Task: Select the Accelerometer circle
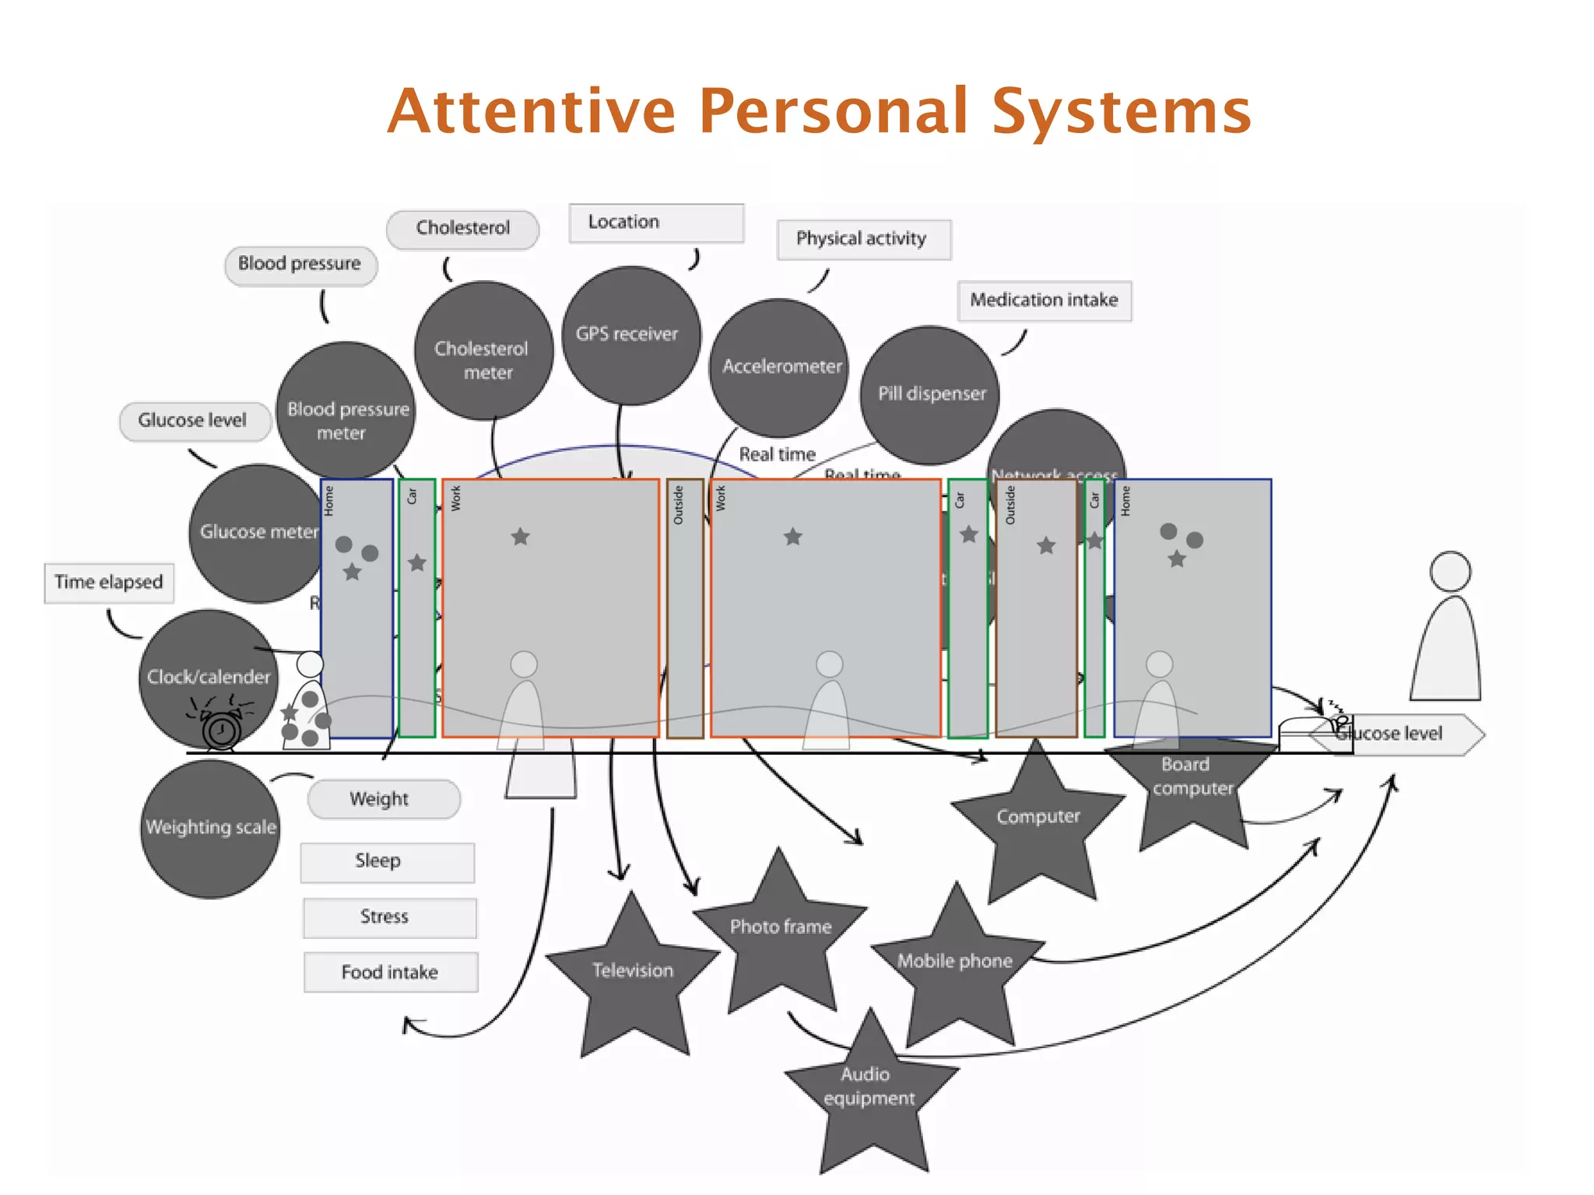coord(779,366)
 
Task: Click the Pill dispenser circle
coord(929,394)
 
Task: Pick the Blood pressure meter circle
coord(346,412)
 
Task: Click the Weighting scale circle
coord(210,828)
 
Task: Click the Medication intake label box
coord(1044,300)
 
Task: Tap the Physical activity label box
coord(863,239)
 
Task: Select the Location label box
coord(655,223)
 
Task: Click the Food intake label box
coord(390,972)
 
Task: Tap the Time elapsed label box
coord(108,583)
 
